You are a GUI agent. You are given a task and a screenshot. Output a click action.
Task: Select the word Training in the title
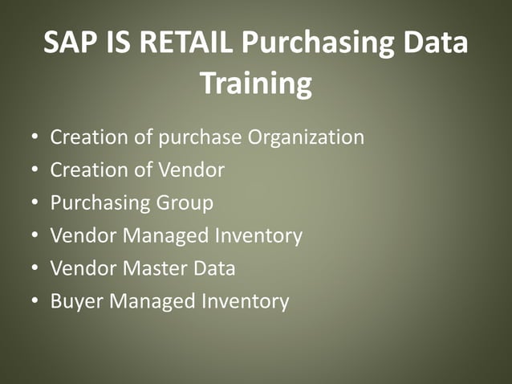(255, 83)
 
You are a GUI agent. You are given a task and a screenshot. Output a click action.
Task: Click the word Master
(152, 269)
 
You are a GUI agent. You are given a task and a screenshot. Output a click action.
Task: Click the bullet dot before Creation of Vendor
(35, 171)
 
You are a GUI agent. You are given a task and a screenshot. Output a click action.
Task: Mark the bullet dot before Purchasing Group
(35, 204)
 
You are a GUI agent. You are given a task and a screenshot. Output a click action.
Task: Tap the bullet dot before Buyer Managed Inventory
(35, 303)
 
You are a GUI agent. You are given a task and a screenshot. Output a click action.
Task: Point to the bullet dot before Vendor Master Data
(35, 270)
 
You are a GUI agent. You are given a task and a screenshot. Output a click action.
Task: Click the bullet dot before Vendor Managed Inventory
(35, 237)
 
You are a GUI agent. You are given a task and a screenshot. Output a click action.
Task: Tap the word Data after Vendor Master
(213, 269)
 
